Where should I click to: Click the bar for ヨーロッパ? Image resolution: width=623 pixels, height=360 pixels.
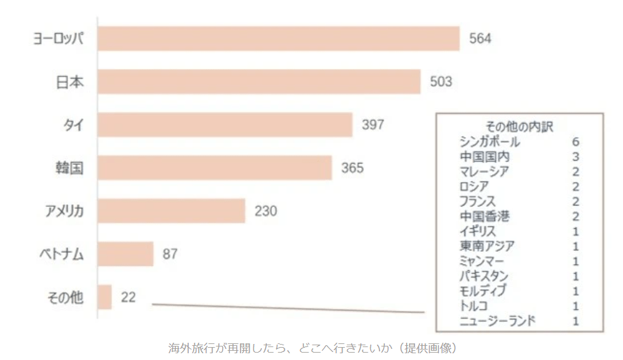coord(279,39)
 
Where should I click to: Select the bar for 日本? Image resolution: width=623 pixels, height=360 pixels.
coord(259,82)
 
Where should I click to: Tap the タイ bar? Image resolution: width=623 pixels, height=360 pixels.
coord(225,125)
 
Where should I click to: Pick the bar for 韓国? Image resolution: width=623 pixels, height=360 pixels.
coord(215,168)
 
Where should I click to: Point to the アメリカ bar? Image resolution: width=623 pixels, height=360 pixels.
coord(172,211)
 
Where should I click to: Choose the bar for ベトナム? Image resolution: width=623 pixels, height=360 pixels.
coord(125,254)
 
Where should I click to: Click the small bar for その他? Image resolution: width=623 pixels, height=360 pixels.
coord(105,297)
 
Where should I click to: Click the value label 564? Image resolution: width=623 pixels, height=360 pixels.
coord(480,39)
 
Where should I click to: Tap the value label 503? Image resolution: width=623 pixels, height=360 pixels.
coord(441,82)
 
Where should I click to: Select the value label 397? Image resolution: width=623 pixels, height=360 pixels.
coord(373,125)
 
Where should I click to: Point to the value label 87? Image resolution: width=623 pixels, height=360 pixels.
coord(170,254)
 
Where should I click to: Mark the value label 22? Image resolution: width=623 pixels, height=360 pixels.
coord(128,297)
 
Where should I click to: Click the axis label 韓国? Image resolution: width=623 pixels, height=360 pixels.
coord(68,168)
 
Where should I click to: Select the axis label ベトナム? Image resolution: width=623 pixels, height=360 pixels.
coord(58,254)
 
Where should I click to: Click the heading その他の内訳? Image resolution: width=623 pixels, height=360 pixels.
coord(520,127)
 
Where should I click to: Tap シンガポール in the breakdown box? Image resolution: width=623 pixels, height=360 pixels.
coord(490,142)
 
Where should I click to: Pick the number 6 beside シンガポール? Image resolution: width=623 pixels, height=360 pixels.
coord(576,142)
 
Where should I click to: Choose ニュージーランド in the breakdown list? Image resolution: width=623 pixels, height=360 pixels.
coord(498,321)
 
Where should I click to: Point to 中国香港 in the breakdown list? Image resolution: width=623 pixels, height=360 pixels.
coord(485,217)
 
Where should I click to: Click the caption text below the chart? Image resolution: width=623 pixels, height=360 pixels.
coord(313,348)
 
